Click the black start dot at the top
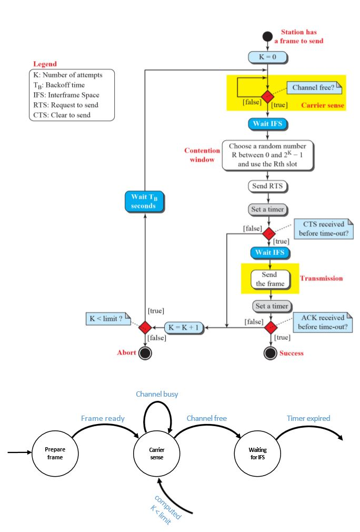tap(268, 37)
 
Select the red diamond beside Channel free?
tap(268, 97)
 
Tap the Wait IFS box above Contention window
tap(268, 125)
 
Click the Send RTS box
tap(268, 186)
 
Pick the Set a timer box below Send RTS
tap(268, 209)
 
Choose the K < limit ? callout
tap(107, 319)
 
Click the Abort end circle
tap(145, 353)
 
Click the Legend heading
tap(45, 64)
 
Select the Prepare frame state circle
tap(55, 453)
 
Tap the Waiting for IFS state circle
tap(258, 453)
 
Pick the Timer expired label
tap(308, 418)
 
